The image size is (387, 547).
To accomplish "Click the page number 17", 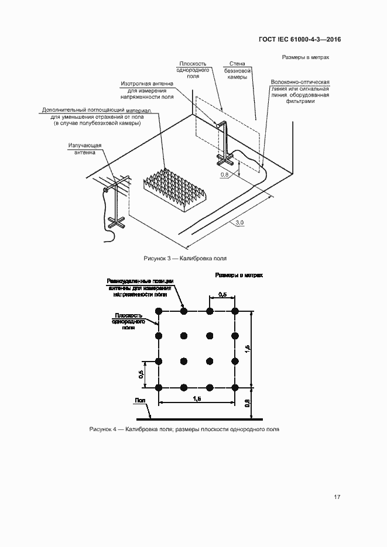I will pyautogui.click(x=337, y=497).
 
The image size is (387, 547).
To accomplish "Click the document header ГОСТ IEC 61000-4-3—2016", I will pyautogui.click(x=299, y=40).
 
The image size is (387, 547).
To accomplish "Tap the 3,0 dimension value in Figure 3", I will pyautogui.click(x=239, y=223).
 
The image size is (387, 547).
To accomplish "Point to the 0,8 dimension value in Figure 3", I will pyautogui.click(x=224, y=174).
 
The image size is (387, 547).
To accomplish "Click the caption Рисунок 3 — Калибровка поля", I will pyautogui.click(x=185, y=258).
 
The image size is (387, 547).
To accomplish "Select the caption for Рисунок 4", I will pyautogui.click(x=184, y=429).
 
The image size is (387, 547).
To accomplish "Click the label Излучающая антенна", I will pyautogui.click(x=85, y=149).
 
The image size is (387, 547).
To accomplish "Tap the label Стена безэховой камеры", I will pyautogui.click(x=237, y=71).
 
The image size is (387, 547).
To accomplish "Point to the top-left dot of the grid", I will pyautogui.click(x=159, y=311).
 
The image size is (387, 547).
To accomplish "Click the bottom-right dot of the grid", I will pyautogui.click(x=235, y=387).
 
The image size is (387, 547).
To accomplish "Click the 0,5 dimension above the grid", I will pyautogui.click(x=222, y=294).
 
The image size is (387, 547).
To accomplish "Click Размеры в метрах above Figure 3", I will pyautogui.click(x=305, y=58).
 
